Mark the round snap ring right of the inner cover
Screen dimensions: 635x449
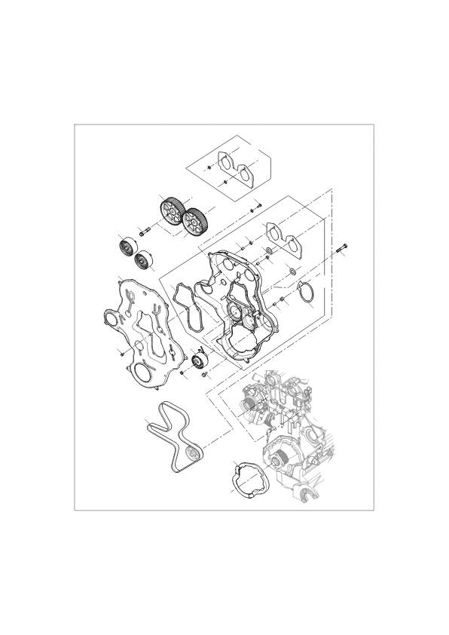point(309,295)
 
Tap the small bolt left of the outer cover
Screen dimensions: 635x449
point(121,352)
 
